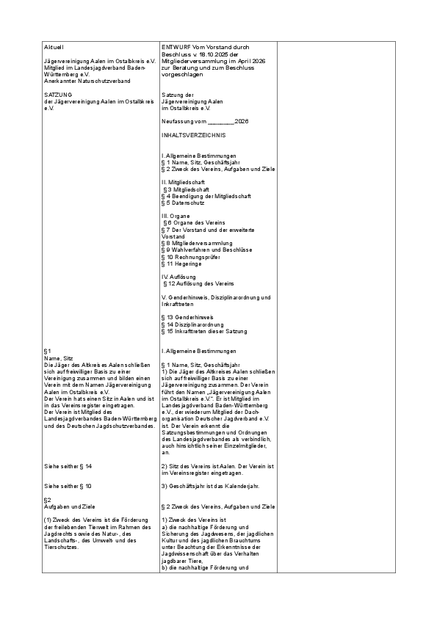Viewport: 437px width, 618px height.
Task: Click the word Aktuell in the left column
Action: point(54,47)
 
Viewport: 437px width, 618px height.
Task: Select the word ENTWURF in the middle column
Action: point(173,47)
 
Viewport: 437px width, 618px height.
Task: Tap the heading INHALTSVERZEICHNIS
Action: point(194,136)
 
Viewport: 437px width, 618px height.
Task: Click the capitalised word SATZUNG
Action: point(57,95)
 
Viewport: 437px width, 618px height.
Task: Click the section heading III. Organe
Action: point(176,217)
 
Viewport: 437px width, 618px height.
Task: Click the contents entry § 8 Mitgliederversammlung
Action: point(201,244)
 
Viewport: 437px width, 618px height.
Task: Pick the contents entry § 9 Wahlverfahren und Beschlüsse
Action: point(206,250)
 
